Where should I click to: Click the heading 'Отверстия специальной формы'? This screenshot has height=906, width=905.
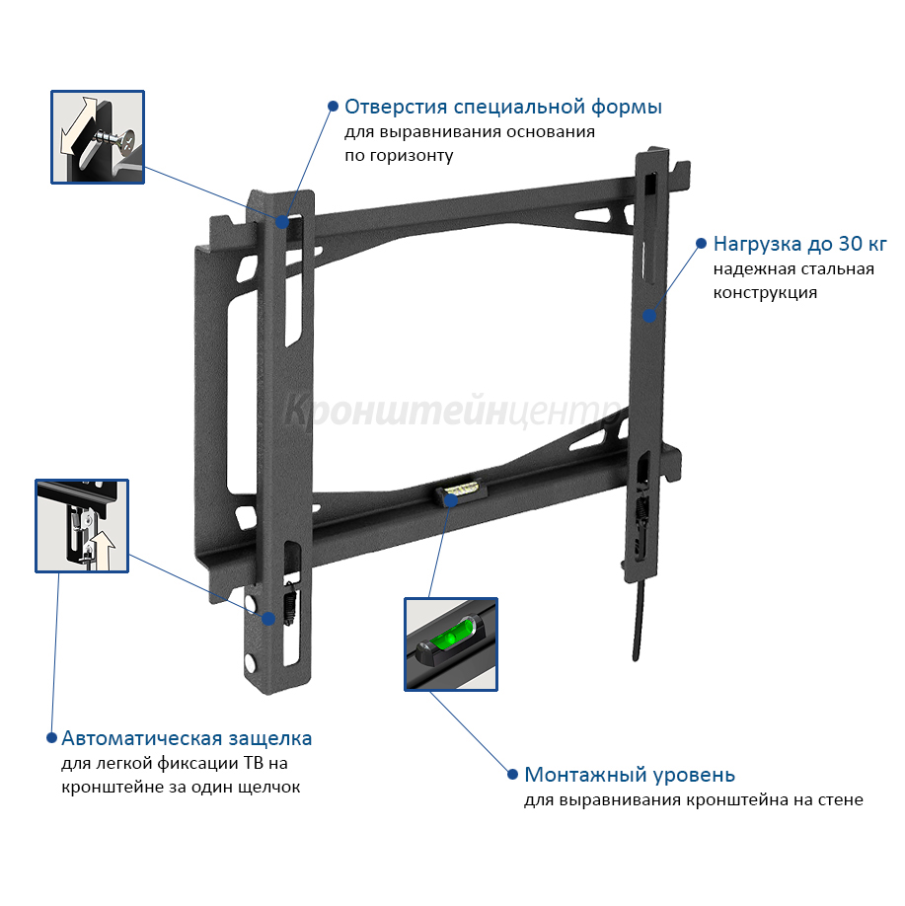502,108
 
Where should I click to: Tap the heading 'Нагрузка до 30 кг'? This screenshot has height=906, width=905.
799,244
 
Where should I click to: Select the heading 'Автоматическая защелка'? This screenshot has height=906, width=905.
187,738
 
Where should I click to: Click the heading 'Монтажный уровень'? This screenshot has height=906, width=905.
630,775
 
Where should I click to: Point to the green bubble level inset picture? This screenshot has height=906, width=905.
451,644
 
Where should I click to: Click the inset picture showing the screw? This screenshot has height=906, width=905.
98,137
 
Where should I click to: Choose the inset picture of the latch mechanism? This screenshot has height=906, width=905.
82,526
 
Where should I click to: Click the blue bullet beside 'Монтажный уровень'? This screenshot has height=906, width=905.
512,774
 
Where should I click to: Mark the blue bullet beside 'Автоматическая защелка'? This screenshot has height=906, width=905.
51,738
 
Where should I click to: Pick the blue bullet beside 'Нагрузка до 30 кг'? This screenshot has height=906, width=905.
701,243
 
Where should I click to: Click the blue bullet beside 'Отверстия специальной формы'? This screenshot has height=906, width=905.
333,106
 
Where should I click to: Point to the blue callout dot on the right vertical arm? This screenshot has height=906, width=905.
649,316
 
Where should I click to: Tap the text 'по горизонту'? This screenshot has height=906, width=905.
399,156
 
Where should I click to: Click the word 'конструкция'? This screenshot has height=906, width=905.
765,293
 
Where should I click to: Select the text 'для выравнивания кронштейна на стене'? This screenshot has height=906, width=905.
694,800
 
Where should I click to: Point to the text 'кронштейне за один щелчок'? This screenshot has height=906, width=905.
181,788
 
